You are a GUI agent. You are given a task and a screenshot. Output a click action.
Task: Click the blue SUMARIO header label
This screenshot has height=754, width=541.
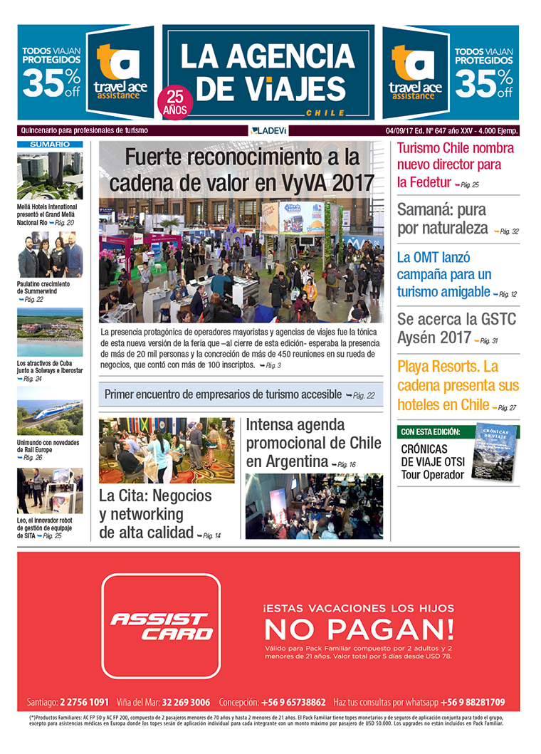pos(50,144)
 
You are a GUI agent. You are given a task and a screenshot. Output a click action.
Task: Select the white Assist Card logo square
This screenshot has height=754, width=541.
pos(161,625)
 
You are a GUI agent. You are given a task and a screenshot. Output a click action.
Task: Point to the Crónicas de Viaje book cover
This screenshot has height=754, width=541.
pos(496,453)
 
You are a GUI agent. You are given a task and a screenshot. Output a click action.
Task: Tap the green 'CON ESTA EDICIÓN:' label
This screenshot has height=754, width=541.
pos(430,432)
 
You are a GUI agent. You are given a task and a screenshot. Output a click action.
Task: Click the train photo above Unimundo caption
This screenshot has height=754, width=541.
pos(50,417)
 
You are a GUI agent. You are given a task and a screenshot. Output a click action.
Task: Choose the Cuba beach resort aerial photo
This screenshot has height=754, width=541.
pos(50,332)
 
